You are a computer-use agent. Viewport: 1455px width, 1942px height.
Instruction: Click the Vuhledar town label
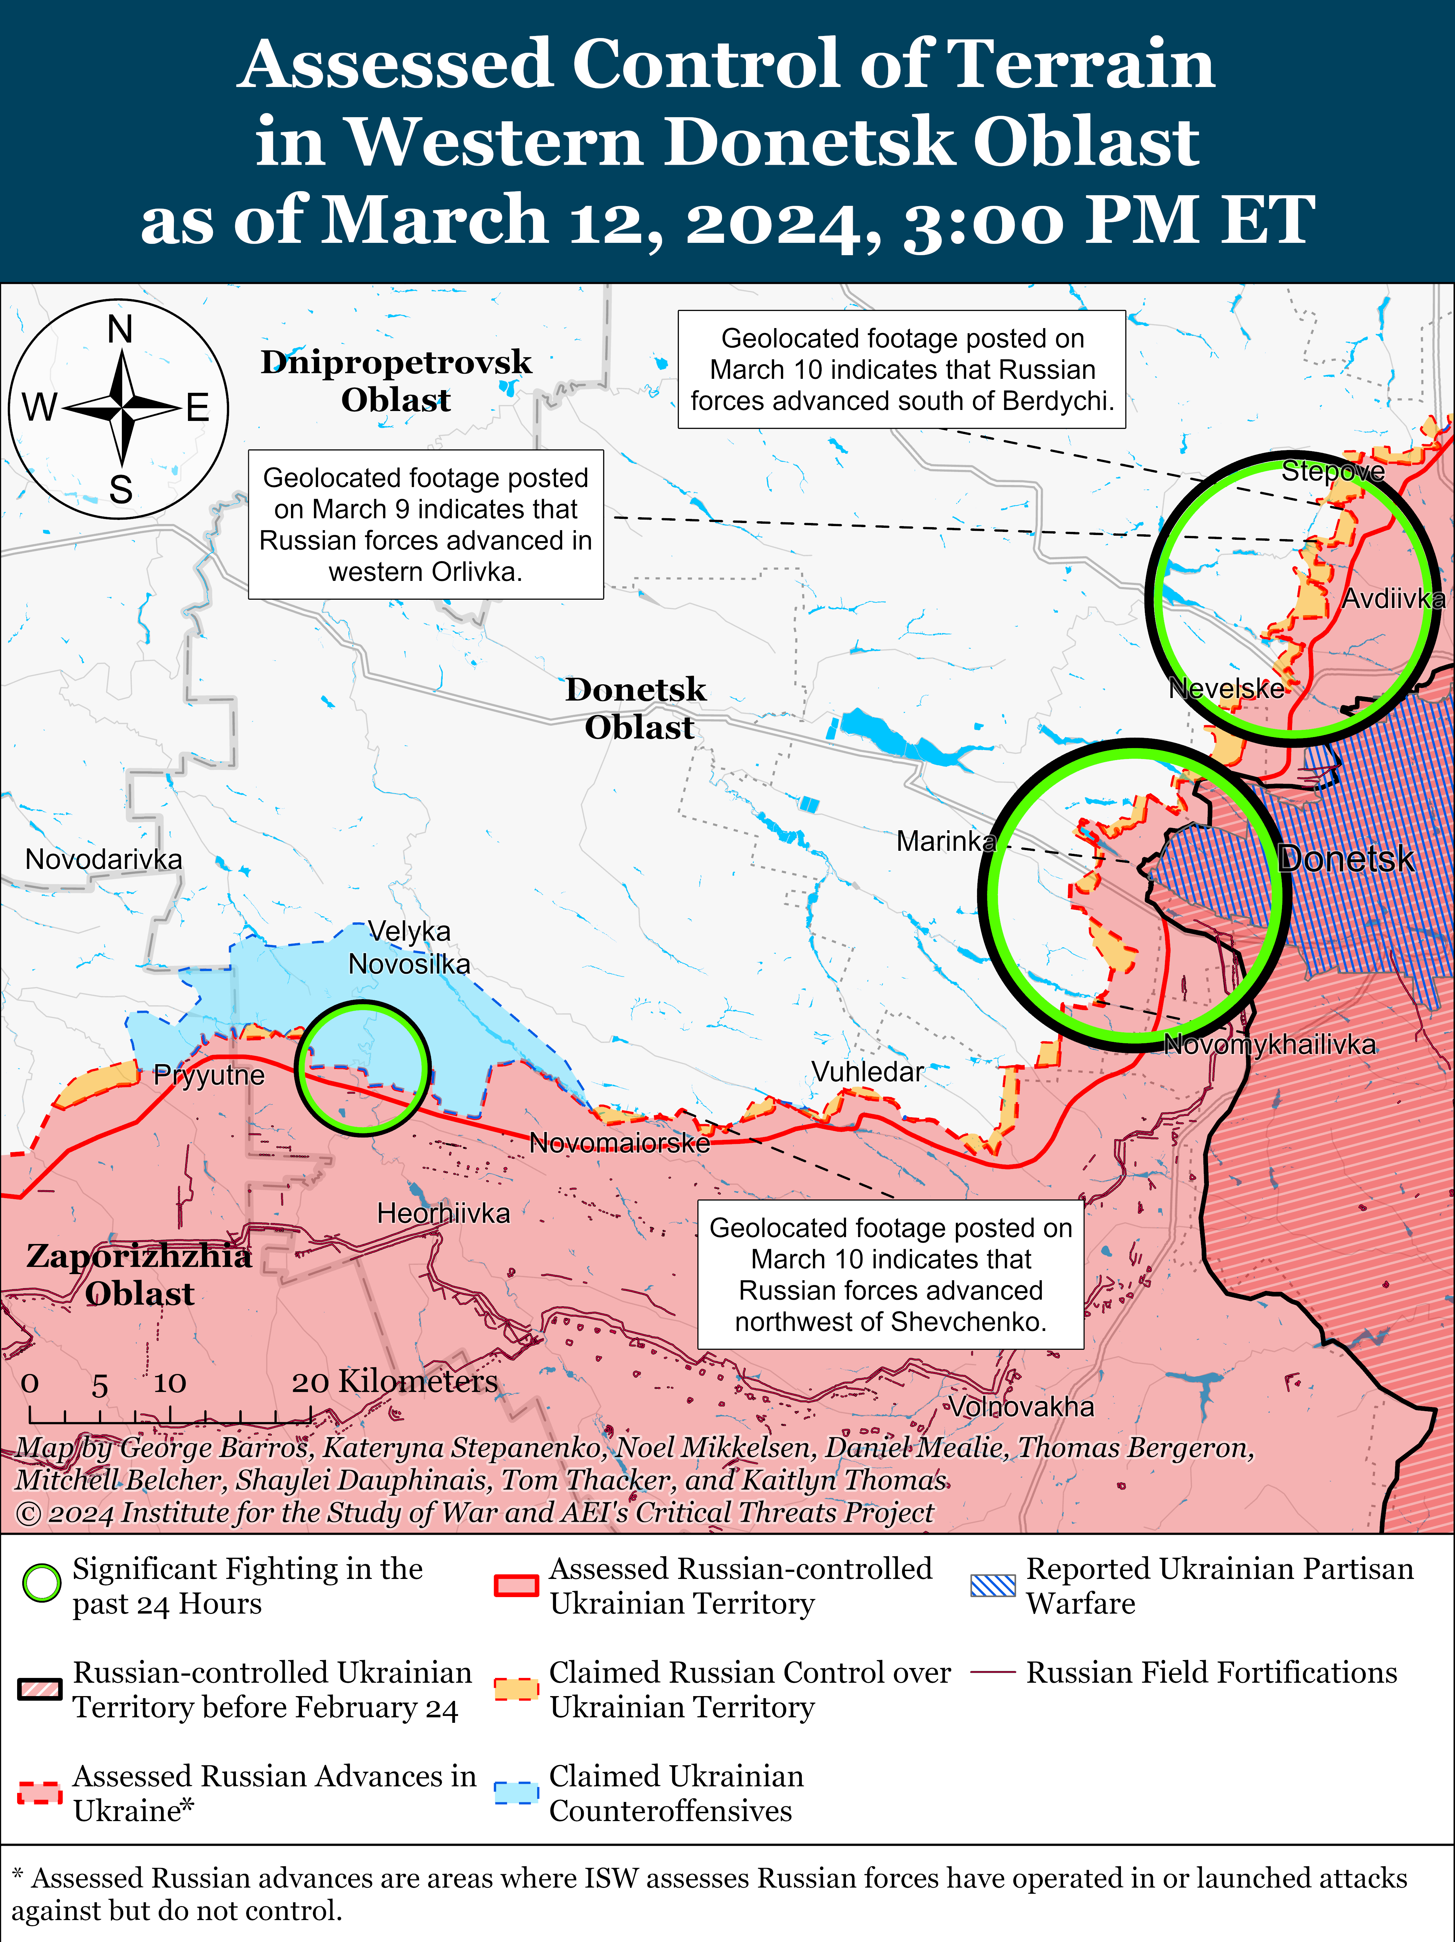[x=867, y=1072]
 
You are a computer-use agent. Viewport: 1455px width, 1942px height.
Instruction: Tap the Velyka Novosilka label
[x=409, y=947]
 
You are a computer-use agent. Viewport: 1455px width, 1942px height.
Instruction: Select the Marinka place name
[x=946, y=841]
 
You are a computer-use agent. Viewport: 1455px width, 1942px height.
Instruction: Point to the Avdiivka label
[x=1394, y=599]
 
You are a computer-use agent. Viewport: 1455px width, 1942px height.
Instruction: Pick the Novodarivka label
[x=103, y=859]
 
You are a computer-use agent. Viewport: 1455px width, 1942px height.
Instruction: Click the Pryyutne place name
[x=209, y=1074]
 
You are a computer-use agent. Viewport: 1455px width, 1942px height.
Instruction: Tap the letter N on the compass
[x=120, y=329]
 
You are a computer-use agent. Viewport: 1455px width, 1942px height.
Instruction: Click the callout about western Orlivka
[x=426, y=524]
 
